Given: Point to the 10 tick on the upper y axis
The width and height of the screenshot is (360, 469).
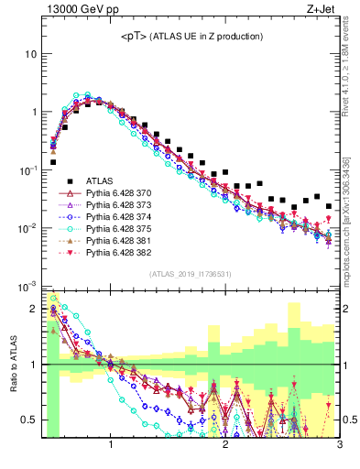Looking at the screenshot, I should tap(30, 53).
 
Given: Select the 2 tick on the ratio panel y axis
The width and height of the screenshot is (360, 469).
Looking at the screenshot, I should tap(33, 309).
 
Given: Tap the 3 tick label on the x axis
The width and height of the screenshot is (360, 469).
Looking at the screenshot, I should tap(339, 445).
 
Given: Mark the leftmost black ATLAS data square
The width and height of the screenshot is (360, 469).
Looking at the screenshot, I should tap(52, 162).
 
